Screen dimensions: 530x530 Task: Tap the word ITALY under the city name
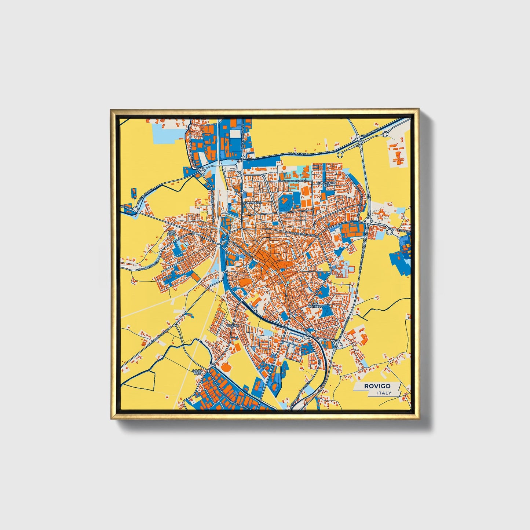click(384, 393)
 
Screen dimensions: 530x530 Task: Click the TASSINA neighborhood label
click(233, 326)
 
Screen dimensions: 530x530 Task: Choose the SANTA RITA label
click(197, 372)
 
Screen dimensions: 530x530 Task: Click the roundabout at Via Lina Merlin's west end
click(135, 209)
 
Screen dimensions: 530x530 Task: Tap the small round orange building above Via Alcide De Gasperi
click(284, 168)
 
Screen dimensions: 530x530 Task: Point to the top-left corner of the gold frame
click(111, 110)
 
